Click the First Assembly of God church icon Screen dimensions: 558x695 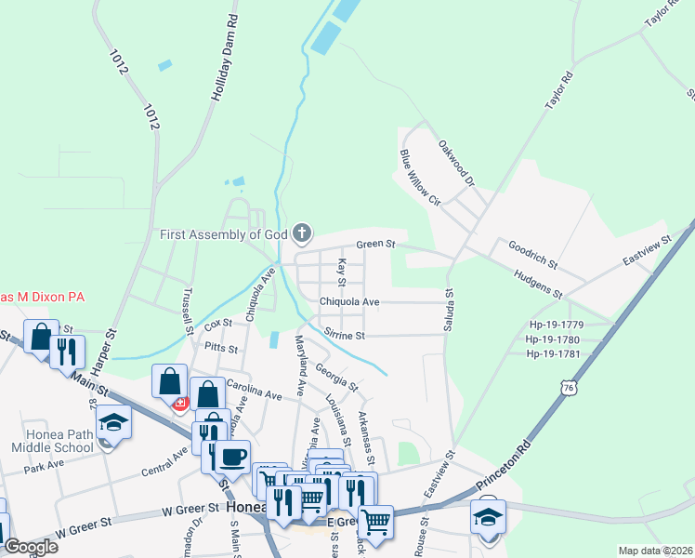pyautogui.click(x=301, y=232)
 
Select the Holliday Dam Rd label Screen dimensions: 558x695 pyautogui.click(x=226, y=57)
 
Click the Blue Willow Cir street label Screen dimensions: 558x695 pyautogui.click(x=419, y=176)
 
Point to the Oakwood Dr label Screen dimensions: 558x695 pyautogui.click(x=456, y=162)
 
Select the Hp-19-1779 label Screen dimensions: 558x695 pyautogui.click(x=555, y=325)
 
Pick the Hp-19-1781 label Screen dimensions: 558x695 pyautogui.click(x=555, y=353)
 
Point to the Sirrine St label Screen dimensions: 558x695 pyautogui.click(x=345, y=334)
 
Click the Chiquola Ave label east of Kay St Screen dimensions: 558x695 pyautogui.click(x=349, y=302)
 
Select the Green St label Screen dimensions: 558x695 pyautogui.click(x=376, y=245)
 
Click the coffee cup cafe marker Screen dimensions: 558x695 pyautogui.click(x=234, y=457)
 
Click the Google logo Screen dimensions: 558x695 pyautogui.click(x=32, y=547)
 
